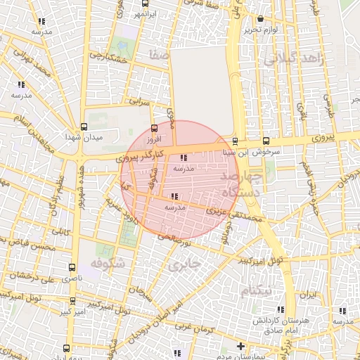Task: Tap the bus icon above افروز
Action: click(x=155, y=128)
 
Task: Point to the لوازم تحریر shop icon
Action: click(x=261, y=19)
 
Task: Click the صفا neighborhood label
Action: click(x=160, y=53)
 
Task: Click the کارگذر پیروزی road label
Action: click(x=141, y=155)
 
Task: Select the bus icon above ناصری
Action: click(x=72, y=268)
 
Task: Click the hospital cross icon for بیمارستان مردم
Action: click(x=240, y=346)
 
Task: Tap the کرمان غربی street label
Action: click(x=194, y=327)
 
